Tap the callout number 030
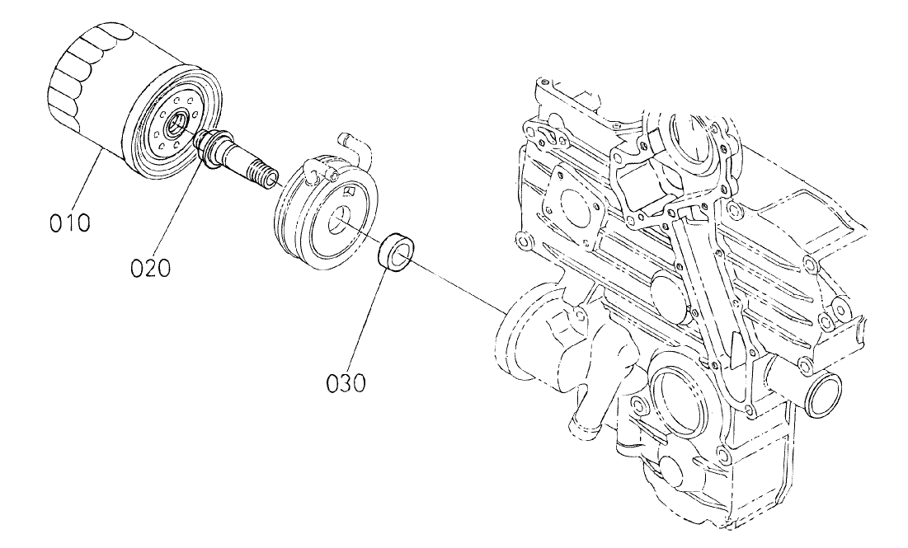[344, 382]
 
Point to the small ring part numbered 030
[395, 251]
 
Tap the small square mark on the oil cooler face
[350, 191]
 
